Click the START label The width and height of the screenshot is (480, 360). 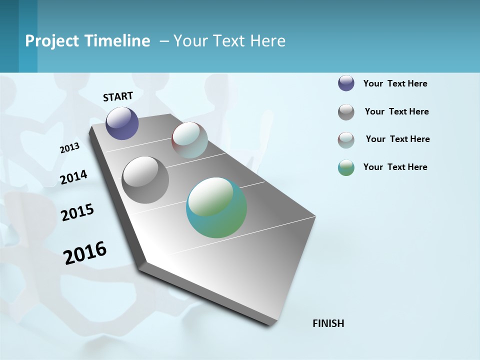[118, 96]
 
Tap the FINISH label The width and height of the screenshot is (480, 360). [328, 323]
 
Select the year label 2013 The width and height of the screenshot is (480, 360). [69, 148]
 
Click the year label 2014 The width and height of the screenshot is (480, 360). [73, 177]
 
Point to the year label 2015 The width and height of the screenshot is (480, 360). [77, 212]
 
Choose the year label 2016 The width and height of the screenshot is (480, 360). [85, 253]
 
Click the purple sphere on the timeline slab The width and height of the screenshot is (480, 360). [122, 123]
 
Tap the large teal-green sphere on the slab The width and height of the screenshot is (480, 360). [216, 207]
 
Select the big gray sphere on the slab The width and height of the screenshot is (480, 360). [145, 180]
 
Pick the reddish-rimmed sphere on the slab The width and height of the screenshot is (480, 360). [189, 140]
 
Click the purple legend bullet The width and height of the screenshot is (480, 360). [346, 83]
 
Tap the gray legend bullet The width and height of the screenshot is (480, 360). [346, 112]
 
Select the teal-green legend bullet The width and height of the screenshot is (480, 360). [346, 167]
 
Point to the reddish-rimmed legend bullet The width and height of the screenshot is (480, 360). [346, 140]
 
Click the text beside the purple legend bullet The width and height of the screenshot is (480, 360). [395, 84]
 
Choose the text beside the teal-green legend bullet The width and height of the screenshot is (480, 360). [395, 167]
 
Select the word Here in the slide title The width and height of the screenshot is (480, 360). [267, 41]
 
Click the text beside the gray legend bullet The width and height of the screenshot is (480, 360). [396, 111]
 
